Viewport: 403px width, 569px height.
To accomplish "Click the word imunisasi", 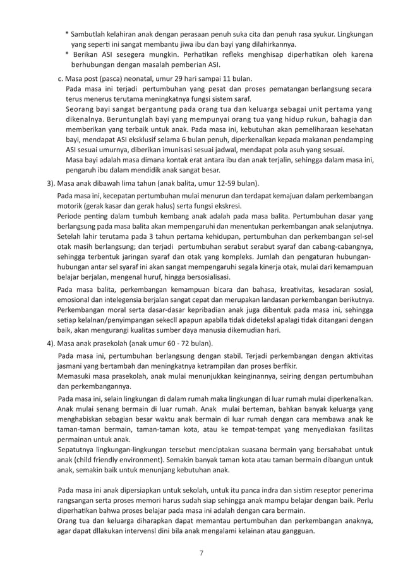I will [179, 150].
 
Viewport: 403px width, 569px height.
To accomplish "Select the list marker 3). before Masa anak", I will [48, 183].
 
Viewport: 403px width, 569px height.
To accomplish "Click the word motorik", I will [70, 206].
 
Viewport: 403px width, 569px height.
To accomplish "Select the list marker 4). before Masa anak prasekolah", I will [48, 344].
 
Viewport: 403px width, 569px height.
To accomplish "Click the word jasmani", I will [71, 366].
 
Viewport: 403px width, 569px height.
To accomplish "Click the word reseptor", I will [333, 491].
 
